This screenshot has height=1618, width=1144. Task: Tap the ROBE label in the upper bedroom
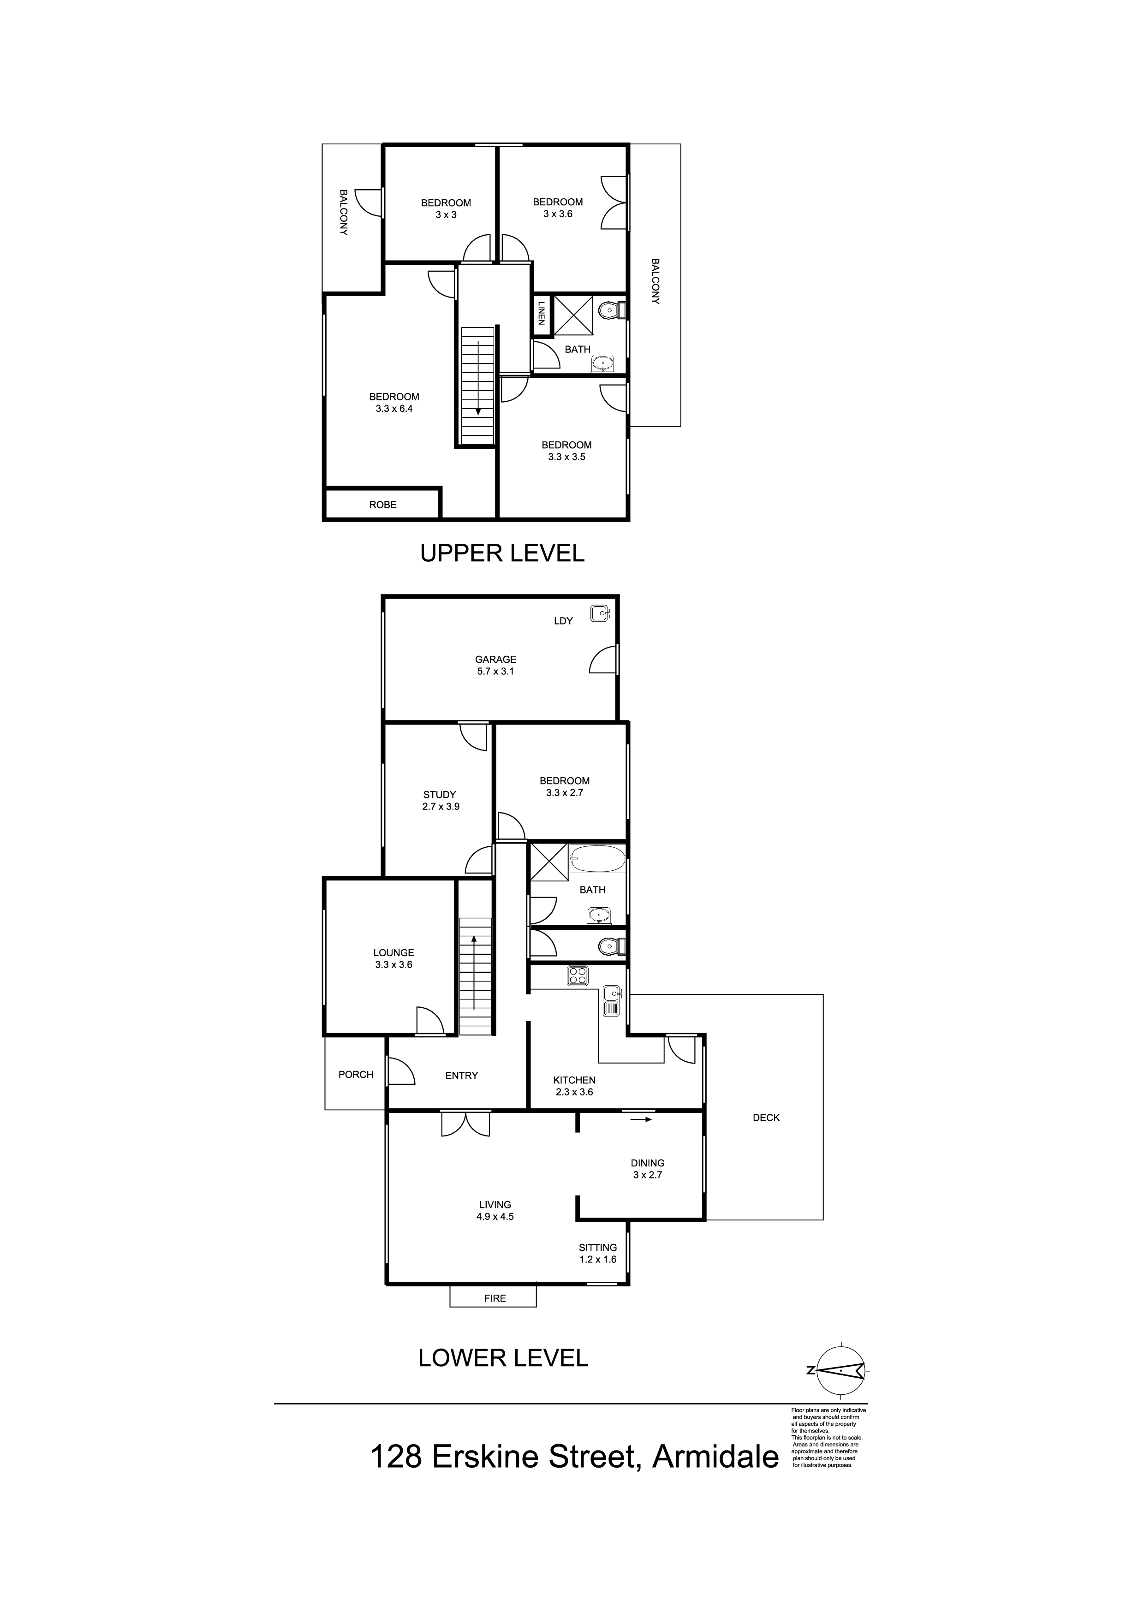tap(383, 505)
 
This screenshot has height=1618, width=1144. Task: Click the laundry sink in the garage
tap(600, 613)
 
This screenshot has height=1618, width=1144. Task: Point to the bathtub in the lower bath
tap(598, 859)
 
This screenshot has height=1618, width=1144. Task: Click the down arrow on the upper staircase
tap(479, 378)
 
